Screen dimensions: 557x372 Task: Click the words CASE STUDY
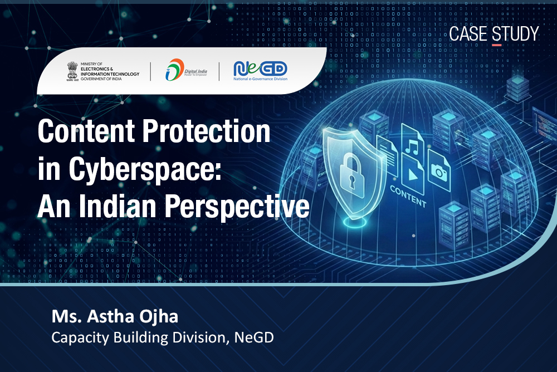click(494, 34)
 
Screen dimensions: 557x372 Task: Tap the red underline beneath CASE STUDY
click(497, 45)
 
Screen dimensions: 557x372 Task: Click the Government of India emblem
click(72, 71)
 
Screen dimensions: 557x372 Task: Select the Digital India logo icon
click(174, 69)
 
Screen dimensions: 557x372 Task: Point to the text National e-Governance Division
click(260, 79)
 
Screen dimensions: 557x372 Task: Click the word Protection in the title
click(207, 131)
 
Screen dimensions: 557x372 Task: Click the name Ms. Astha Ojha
click(115, 316)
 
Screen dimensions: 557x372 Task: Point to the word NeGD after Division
click(254, 337)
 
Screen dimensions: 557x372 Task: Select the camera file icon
click(439, 170)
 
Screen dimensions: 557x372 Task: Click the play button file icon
click(413, 175)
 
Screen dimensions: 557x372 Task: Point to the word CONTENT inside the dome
click(408, 197)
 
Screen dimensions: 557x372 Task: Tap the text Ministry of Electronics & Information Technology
click(110, 71)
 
